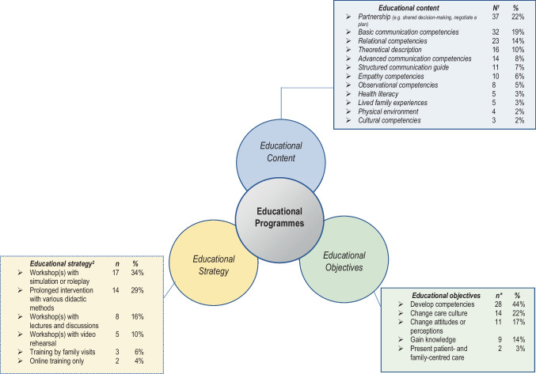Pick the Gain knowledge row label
coord(421,342)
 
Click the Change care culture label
coord(430,314)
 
